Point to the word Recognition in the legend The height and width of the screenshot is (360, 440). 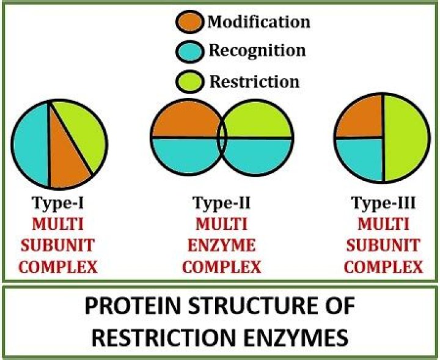pos(255,51)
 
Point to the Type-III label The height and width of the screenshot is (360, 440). pos(381,202)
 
